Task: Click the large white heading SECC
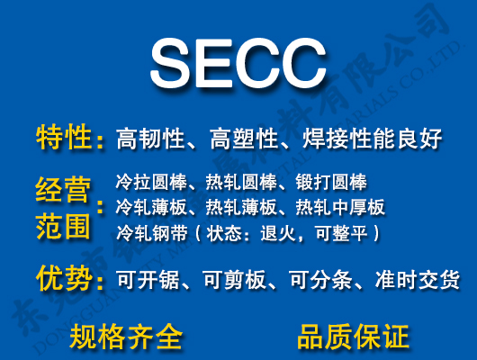click(238, 62)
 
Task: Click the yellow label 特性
click(64, 138)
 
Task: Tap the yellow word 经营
click(63, 189)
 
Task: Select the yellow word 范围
click(63, 226)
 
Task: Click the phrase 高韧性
click(150, 139)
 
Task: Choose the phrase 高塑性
click(240, 139)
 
